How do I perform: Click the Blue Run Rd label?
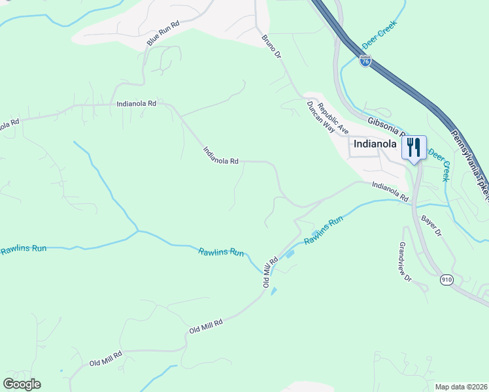click(x=162, y=33)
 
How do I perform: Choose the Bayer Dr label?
click(x=433, y=227)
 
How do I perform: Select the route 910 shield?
click(x=447, y=280)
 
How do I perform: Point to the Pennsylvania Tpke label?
click(x=470, y=166)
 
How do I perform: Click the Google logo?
click(x=22, y=384)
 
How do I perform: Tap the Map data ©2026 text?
click(x=461, y=387)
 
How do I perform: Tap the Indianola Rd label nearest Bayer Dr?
click(x=390, y=191)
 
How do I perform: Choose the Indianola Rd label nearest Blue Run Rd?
click(x=136, y=103)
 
